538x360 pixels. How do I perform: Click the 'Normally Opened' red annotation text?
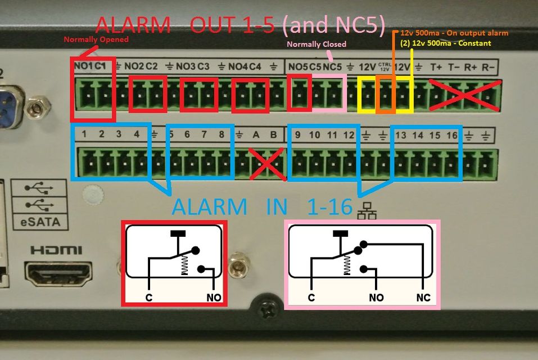pyautogui.click(x=96, y=39)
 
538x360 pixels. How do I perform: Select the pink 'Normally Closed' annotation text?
pyautogui.click(x=317, y=44)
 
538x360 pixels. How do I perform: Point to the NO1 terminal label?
pyautogui.click(x=83, y=66)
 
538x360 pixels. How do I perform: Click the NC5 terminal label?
pyautogui.click(x=333, y=66)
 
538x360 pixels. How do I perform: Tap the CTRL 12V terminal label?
pyautogui.click(x=385, y=66)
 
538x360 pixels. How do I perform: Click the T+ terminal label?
pyautogui.click(x=436, y=66)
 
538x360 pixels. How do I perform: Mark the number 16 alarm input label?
pyautogui.click(x=451, y=135)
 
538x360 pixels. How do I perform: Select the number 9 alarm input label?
pyautogui.click(x=298, y=135)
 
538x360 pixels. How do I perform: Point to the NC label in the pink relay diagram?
pyautogui.click(x=423, y=297)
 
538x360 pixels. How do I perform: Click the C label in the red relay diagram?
pyautogui.click(x=149, y=297)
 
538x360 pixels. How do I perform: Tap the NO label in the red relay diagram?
pyautogui.click(x=214, y=297)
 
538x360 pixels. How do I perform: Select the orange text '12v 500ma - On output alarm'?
pyautogui.click(x=454, y=33)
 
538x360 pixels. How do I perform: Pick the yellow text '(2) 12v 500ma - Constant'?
pyautogui.click(x=445, y=43)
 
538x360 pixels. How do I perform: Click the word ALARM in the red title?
pyautogui.click(x=133, y=25)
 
